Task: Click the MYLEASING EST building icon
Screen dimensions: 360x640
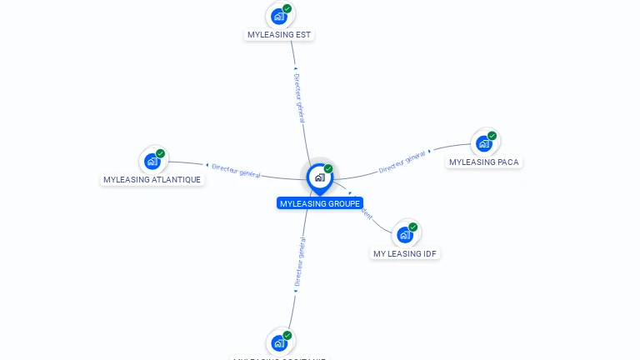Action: pyautogui.click(x=279, y=16)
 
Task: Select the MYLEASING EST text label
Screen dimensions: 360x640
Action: pyautogui.click(x=280, y=35)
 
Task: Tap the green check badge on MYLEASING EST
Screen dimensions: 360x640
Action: pyautogui.click(x=287, y=8)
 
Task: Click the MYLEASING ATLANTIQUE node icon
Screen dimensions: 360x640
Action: pyautogui.click(x=152, y=161)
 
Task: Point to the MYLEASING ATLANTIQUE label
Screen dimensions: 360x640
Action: pyautogui.click(x=152, y=180)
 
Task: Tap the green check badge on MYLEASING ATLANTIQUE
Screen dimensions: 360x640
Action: pyautogui.click(x=161, y=153)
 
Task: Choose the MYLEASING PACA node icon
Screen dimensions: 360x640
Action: pyautogui.click(x=484, y=143)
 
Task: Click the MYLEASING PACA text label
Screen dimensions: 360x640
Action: pyautogui.click(x=484, y=162)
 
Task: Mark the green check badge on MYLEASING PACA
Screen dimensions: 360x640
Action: pyautogui.click(x=492, y=136)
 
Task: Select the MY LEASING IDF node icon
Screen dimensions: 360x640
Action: pyautogui.click(x=405, y=235)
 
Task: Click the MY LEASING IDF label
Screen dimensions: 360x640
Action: pyautogui.click(x=405, y=254)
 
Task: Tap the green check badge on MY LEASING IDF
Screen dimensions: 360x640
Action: pyautogui.click(x=413, y=227)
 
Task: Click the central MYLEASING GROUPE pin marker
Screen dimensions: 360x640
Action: pyautogui.click(x=319, y=177)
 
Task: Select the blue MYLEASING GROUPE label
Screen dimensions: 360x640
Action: pyautogui.click(x=320, y=203)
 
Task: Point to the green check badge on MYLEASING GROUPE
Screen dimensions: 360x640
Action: pyautogui.click(x=328, y=169)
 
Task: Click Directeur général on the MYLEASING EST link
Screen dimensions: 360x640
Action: pyautogui.click(x=298, y=97)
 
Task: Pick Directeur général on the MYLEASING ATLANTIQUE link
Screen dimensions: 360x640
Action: pyautogui.click(x=237, y=170)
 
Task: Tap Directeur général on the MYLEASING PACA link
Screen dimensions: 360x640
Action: pyautogui.click(x=402, y=162)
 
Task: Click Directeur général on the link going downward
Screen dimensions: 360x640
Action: pyautogui.click(x=299, y=262)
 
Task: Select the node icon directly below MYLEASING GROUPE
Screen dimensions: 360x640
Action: pyautogui.click(x=279, y=342)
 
